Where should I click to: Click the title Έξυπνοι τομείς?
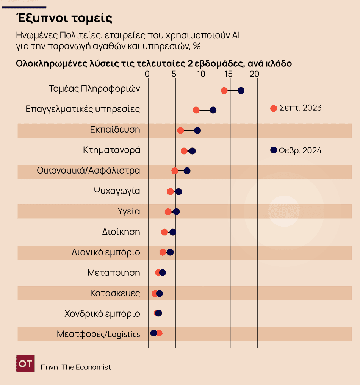pos(64,18)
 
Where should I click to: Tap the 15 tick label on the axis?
pos(229,74)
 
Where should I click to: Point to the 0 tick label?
pos(148,74)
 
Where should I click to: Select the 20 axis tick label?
pos(256,74)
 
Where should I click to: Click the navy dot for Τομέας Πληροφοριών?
pos(241,90)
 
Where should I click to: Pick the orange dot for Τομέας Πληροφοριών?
pos(224,90)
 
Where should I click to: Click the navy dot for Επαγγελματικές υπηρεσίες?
pos(213,110)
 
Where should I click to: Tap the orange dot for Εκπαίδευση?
pos(180,130)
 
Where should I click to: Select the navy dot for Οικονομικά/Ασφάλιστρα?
pos(187,171)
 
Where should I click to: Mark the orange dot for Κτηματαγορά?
pos(184,151)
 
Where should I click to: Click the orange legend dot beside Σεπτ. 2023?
pos(273,108)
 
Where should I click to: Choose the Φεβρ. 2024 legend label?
pos(300,150)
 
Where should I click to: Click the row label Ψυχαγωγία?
pos(117,191)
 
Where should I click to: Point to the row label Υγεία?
pos(129,211)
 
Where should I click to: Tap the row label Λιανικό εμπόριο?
pos(106,252)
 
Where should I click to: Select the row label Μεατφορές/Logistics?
pos(98,334)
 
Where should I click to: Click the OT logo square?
pos(26,363)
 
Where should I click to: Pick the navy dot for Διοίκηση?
pos(173,232)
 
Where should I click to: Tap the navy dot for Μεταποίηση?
pos(163,272)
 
